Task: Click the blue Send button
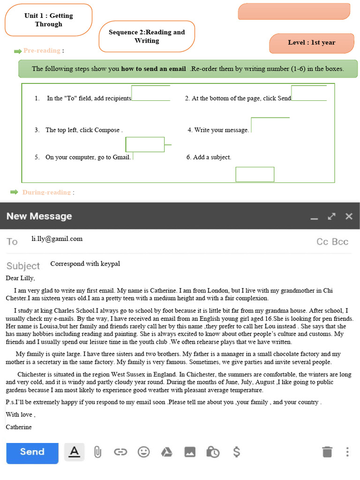pyautogui.click(x=32, y=452)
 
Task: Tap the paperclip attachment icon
pyautogui.click(x=97, y=452)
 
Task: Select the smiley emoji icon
pyautogui.click(x=143, y=452)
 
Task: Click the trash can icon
pyautogui.click(x=327, y=452)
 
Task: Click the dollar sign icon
pyautogui.click(x=237, y=452)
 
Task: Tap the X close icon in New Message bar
pyautogui.click(x=349, y=216)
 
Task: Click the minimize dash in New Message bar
pyautogui.click(x=314, y=217)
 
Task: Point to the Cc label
pyautogui.click(x=322, y=242)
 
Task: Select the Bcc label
pyautogui.click(x=340, y=242)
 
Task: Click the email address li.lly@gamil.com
pyautogui.click(x=57, y=239)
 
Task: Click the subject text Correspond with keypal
pyautogui.click(x=85, y=263)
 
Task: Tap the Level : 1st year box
pyautogui.click(x=311, y=43)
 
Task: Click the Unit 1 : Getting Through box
pyautogui.click(x=48, y=20)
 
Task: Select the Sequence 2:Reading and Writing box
pyautogui.click(x=146, y=36)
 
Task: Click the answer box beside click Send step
pyautogui.click(x=309, y=93)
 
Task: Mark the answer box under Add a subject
pyautogui.click(x=255, y=174)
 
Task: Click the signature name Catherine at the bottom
pyautogui.click(x=19, y=427)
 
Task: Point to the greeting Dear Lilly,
pyautogui.click(x=20, y=278)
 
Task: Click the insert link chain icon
pyautogui.click(x=120, y=452)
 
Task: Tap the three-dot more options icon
pyautogui.click(x=347, y=452)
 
